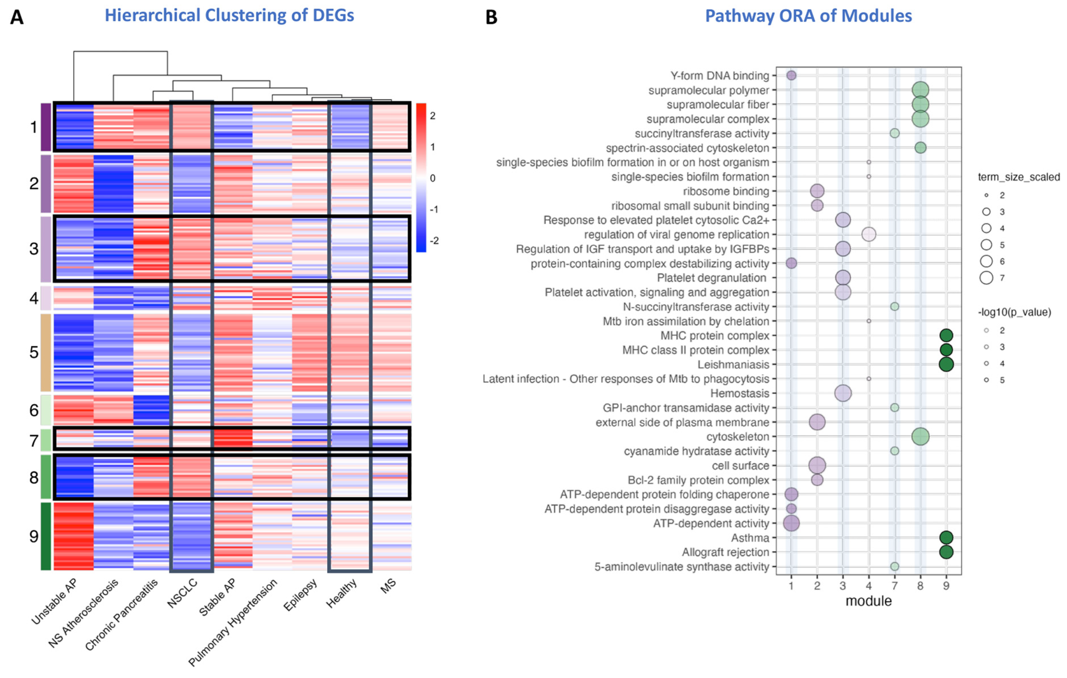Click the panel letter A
(x=17, y=17)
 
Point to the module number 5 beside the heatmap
(x=34, y=352)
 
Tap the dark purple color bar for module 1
(x=46, y=127)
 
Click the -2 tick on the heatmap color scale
(x=434, y=241)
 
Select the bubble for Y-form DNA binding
(x=791, y=75)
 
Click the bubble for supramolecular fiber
(x=920, y=104)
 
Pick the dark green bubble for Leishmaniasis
(x=946, y=364)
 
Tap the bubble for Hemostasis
(x=843, y=393)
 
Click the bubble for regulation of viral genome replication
(x=868, y=235)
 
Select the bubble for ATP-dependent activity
(x=791, y=523)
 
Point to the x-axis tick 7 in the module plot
(x=894, y=586)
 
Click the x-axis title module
(x=868, y=601)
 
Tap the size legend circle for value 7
(x=986, y=278)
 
